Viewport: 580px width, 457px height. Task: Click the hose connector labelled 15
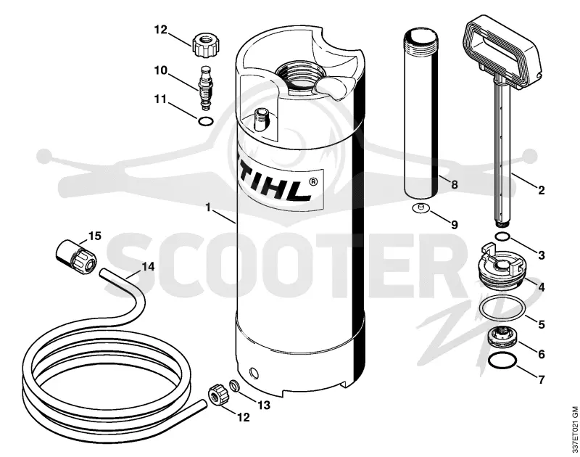[76, 255]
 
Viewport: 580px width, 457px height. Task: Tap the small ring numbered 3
[502, 236]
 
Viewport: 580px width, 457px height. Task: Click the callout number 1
[208, 207]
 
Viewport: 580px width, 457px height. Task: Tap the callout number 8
[455, 184]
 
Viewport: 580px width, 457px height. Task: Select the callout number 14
[148, 266]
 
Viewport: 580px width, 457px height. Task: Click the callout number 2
[541, 190]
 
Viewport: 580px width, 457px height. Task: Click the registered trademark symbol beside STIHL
[312, 182]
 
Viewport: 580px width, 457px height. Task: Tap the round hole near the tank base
[253, 372]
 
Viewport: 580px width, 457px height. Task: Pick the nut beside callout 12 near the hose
[217, 395]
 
